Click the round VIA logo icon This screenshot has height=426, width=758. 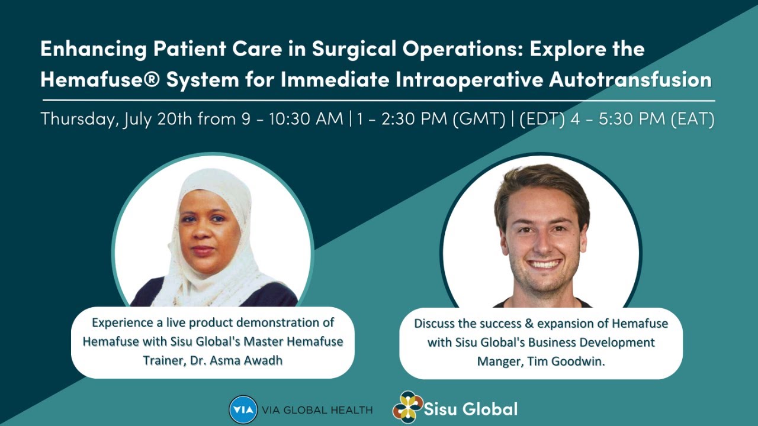pos(243,409)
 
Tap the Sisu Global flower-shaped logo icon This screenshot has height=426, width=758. pos(407,407)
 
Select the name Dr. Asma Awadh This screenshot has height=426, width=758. pos(242,360)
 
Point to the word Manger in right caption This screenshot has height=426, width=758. pos(497,361)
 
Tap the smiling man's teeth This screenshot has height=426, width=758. pos(544,264)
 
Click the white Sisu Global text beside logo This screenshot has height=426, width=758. pos(471,408)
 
